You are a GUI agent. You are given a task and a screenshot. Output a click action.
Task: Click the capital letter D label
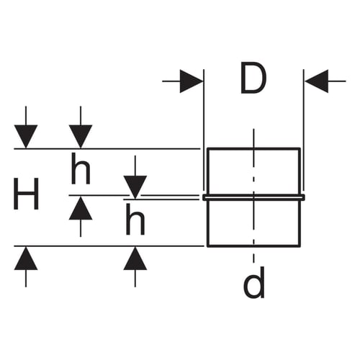pos(253,78)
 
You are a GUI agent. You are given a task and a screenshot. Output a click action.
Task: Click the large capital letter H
pos(26,194)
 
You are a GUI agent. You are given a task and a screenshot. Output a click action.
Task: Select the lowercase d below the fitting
pos(254,282)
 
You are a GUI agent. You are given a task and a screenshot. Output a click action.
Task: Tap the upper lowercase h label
pos(81,168)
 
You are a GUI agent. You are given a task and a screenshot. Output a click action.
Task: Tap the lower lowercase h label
pos(135,219)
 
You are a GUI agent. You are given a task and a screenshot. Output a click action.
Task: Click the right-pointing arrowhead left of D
pos(191,81)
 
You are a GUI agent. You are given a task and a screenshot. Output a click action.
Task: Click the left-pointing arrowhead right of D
pos(317,81)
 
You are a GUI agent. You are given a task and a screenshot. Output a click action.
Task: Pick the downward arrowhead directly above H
pos(26,136)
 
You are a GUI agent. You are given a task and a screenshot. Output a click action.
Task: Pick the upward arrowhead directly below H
pos(26,258)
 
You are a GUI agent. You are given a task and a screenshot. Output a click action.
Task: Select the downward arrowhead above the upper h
pos(81,136)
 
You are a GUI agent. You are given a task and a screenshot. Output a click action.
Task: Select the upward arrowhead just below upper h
pos(81,208)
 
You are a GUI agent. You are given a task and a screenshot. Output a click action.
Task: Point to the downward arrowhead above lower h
pos(135,187)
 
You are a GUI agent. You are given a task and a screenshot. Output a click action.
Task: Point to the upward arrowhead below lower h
pos(135,258)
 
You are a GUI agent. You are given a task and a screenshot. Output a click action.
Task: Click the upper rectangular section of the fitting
pos(300,171)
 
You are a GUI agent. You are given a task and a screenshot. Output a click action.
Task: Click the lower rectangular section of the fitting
pos(300,223)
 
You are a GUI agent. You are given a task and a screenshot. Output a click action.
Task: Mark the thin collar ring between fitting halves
pos(254,197)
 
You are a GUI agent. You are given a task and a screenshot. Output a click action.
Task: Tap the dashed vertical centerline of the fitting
pos(253,196)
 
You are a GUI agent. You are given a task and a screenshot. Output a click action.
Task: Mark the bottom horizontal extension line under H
pos(109,246)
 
